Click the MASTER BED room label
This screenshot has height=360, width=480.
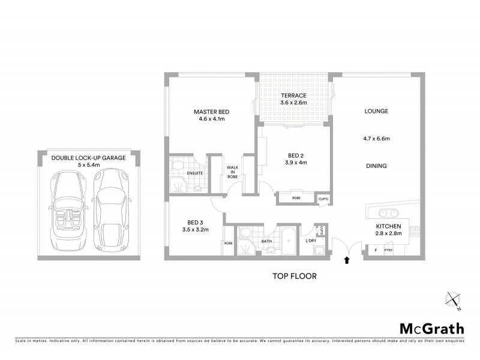click(x=211, y=112)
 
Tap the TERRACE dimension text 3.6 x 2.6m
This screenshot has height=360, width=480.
click(x=293, y=103)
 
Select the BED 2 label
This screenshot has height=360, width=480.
click(x=294, y=154)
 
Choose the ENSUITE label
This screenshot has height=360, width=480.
click(x=195, y=173)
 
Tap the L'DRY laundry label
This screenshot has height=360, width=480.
click(x=311, y=241)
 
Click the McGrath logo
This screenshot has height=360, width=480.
click(x=431, y=328)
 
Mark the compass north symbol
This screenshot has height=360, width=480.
click(x=452, y=299)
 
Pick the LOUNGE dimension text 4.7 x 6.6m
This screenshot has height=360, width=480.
click(x=377, y=139)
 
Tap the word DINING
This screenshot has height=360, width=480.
click(x=376, y=166)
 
